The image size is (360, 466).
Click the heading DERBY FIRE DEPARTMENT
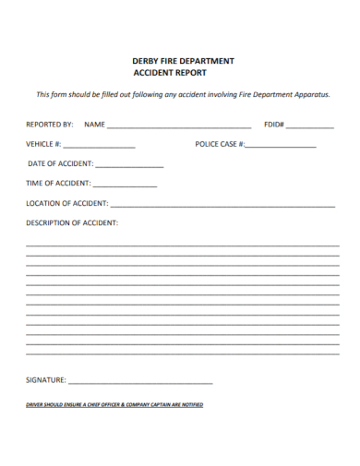183,61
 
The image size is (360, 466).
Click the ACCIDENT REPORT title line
171,72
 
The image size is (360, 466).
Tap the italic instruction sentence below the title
183,94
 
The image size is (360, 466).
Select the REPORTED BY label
50,124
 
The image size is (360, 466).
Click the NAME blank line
179,125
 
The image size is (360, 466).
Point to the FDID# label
274,124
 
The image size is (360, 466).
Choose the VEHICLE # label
43,144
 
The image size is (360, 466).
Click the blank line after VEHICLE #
99,146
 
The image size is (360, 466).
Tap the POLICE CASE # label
220,144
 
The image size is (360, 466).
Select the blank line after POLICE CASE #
281,146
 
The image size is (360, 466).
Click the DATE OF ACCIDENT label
61,163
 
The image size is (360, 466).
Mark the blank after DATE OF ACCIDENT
129,165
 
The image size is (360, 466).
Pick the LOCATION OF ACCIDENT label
67,203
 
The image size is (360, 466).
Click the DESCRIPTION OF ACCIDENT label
72,222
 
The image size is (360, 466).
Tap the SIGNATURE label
46,380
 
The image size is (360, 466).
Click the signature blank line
140,382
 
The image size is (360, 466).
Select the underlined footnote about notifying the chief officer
114,404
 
